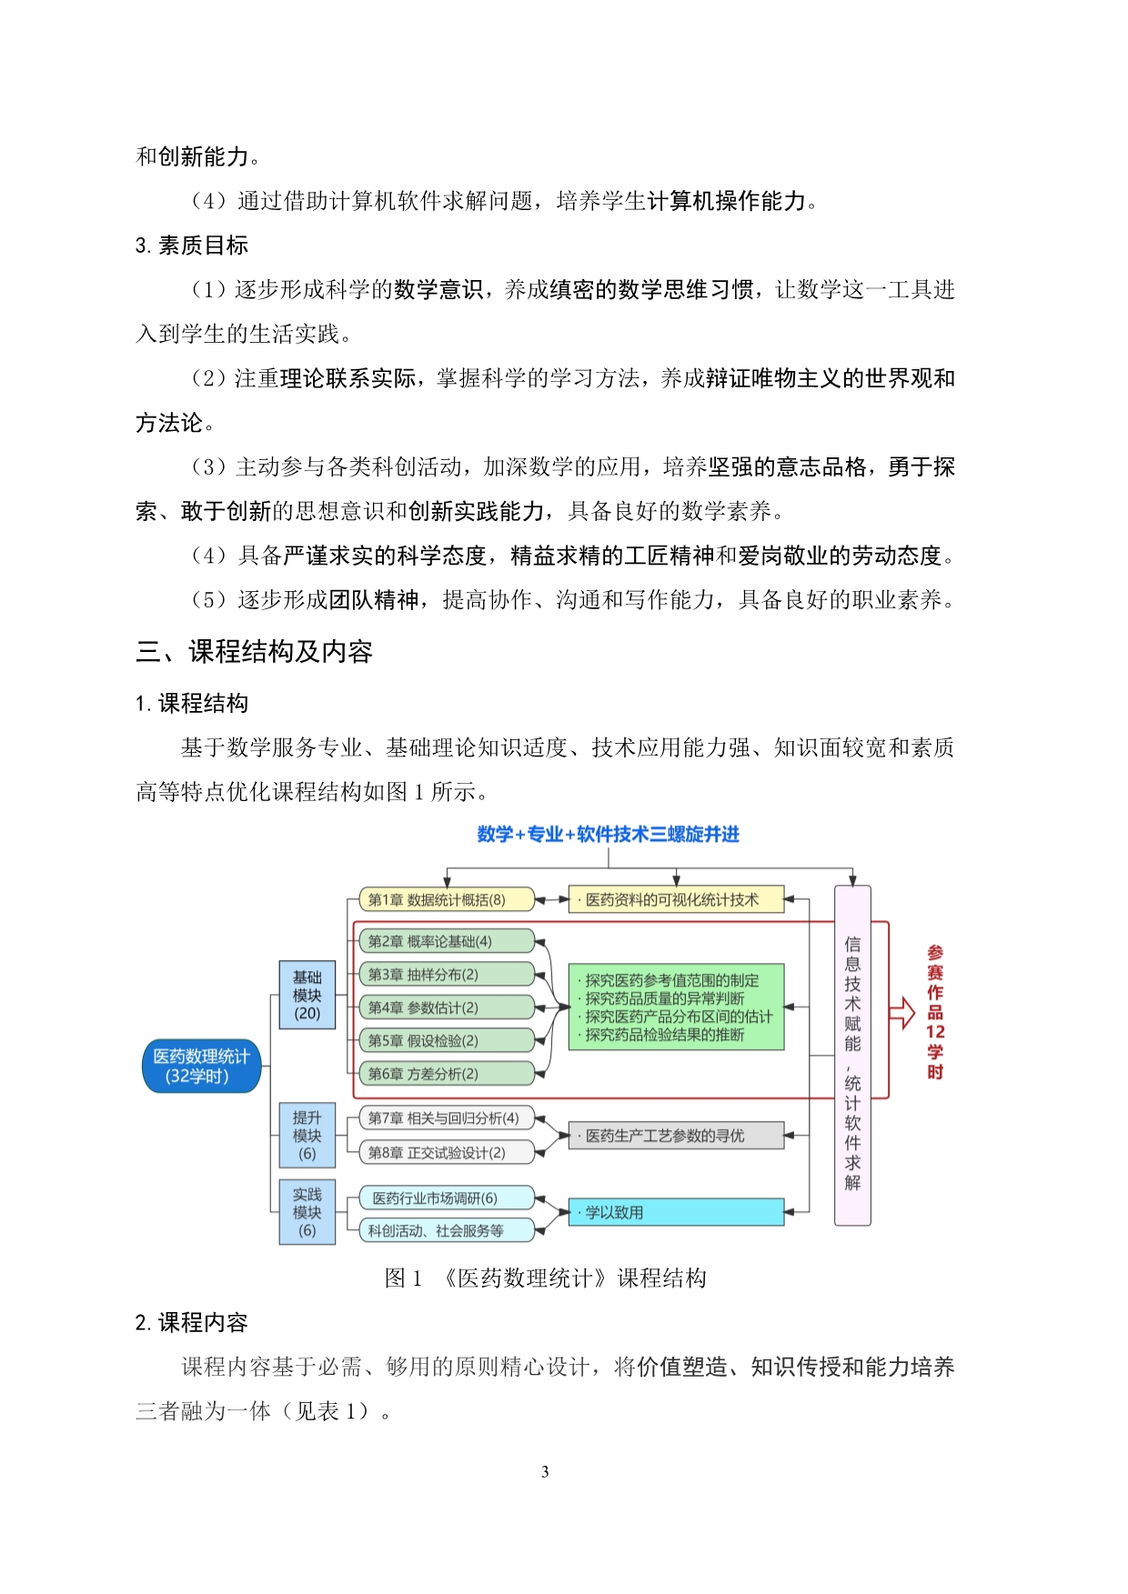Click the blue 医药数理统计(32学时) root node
click(201, 1066)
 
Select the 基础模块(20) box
click(307, 995)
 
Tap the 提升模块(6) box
click(307, 1135)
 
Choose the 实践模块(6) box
click(307, 1212)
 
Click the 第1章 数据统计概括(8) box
click(446, 899)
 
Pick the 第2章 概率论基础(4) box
click(446, 941)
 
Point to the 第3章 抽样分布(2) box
click(446, 974)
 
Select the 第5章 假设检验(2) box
click(446, 1040)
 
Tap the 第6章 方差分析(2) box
click(446, 1074)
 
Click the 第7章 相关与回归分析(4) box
click(446, 1118)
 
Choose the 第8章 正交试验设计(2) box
click(446, 1152)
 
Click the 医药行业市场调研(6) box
click(446, 1198)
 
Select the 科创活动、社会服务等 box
click(446, 1230)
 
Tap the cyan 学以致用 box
click(676, 1212)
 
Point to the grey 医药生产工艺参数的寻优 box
click(676, 1136)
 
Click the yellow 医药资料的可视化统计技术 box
click(676, 899)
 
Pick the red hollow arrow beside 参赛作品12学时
click(901, 1012)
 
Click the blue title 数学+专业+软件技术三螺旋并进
click(608, 834)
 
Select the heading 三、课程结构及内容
click(254, 651)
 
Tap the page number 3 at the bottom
click(545, 1471)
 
